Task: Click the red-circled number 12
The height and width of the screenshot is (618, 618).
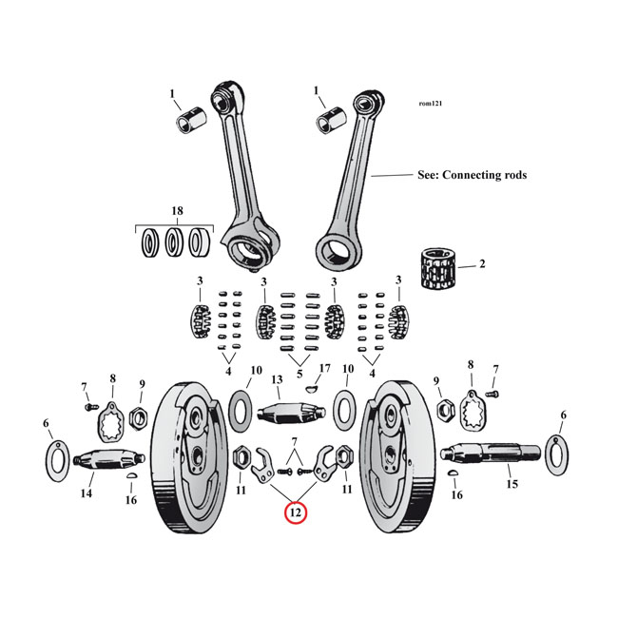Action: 296,512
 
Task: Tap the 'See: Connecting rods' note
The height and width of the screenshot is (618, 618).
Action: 472,175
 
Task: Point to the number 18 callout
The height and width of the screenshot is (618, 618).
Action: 177,210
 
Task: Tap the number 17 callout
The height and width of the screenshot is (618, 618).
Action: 324,368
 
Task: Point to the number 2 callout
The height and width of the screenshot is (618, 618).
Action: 482,263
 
